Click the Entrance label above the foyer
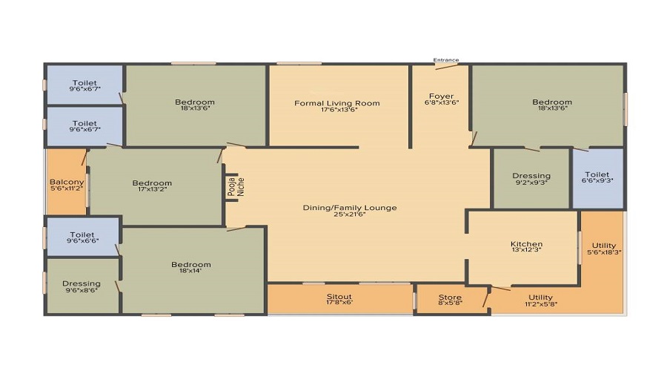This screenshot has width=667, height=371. click(x=446, y=60)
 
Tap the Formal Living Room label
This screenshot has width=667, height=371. click(x=337, y=103)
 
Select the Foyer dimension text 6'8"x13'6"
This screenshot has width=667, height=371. click(x=442, y=102)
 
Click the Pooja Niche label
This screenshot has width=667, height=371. click(x=236, y=186)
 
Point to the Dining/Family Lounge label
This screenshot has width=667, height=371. click(x=350, y=208)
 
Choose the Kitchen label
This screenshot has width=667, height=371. click(x=527, y=244)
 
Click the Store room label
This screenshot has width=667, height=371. click(x=450, y=297)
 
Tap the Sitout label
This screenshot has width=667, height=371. click(x=339, y=297)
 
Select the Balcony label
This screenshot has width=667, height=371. click(x=67, y=182)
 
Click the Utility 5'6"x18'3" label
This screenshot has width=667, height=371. click(x=604, y=246)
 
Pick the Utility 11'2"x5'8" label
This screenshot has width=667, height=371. click(x=541, y=298)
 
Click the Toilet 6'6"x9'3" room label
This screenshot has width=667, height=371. click(x=597, y=174)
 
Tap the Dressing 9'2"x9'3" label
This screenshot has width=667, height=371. click(x=531, y=176)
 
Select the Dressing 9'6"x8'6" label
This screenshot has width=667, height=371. click(x=82, y=283)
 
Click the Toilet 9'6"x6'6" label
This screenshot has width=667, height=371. click(x=82, y=234)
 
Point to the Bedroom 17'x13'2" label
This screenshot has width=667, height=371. click(x=152, y=183)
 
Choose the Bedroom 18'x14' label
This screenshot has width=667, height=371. click(x=191, y=264)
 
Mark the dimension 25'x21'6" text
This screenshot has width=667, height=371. click(x=350, y=214)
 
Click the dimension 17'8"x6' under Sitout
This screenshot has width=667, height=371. click(x=339, y=303)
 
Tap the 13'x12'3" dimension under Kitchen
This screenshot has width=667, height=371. click(x=527, y=249)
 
